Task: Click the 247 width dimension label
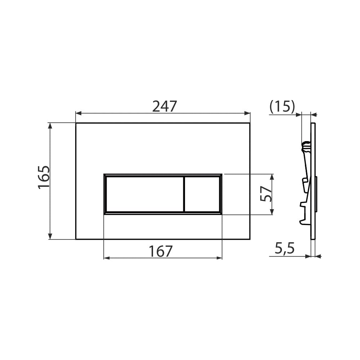[x=165, y=106]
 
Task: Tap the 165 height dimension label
[x=44, y=177]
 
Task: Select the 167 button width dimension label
[x=161, y=251]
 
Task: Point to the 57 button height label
[x=266, y=194]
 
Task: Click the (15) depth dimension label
[x=282, y=107]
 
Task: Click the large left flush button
[x=145, y=194]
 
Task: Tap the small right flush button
[x=202, y=194]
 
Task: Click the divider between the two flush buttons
[x=184, y=194]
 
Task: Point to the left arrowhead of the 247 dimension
[x=78, y=113]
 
